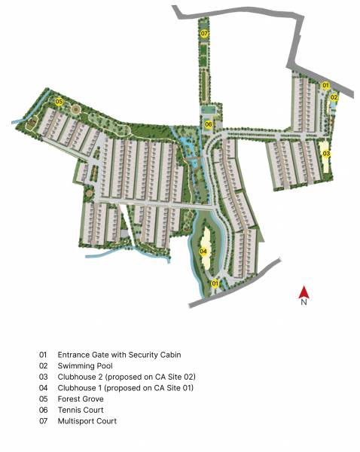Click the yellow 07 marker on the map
click(x=205, y=35)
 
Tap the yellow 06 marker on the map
click(x=209, y=124)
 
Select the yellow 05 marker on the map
click(x=58, y=101)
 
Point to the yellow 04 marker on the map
click(x=203, y=252)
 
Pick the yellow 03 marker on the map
click(x=326, y=154)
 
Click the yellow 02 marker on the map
click(x=334, y=97)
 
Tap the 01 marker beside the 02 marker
click(x=326, y=86)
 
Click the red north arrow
click(x=304, y=292)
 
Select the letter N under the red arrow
click(x=304, y=303)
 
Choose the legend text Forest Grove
click(x=81, y=399)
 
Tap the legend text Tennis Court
click(x=81, y=410)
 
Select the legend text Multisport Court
click(x=87, y=421)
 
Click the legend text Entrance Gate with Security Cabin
click(x=119, y=354)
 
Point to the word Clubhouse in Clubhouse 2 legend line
click(x=78, y=376)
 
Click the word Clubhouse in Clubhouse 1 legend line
click(x=78, y=387)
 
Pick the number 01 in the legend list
click(x=44, y=354)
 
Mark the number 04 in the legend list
click(x=44, y=387)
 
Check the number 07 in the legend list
click(x=44, y=421)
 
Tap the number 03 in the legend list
click(x=44, y=376)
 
